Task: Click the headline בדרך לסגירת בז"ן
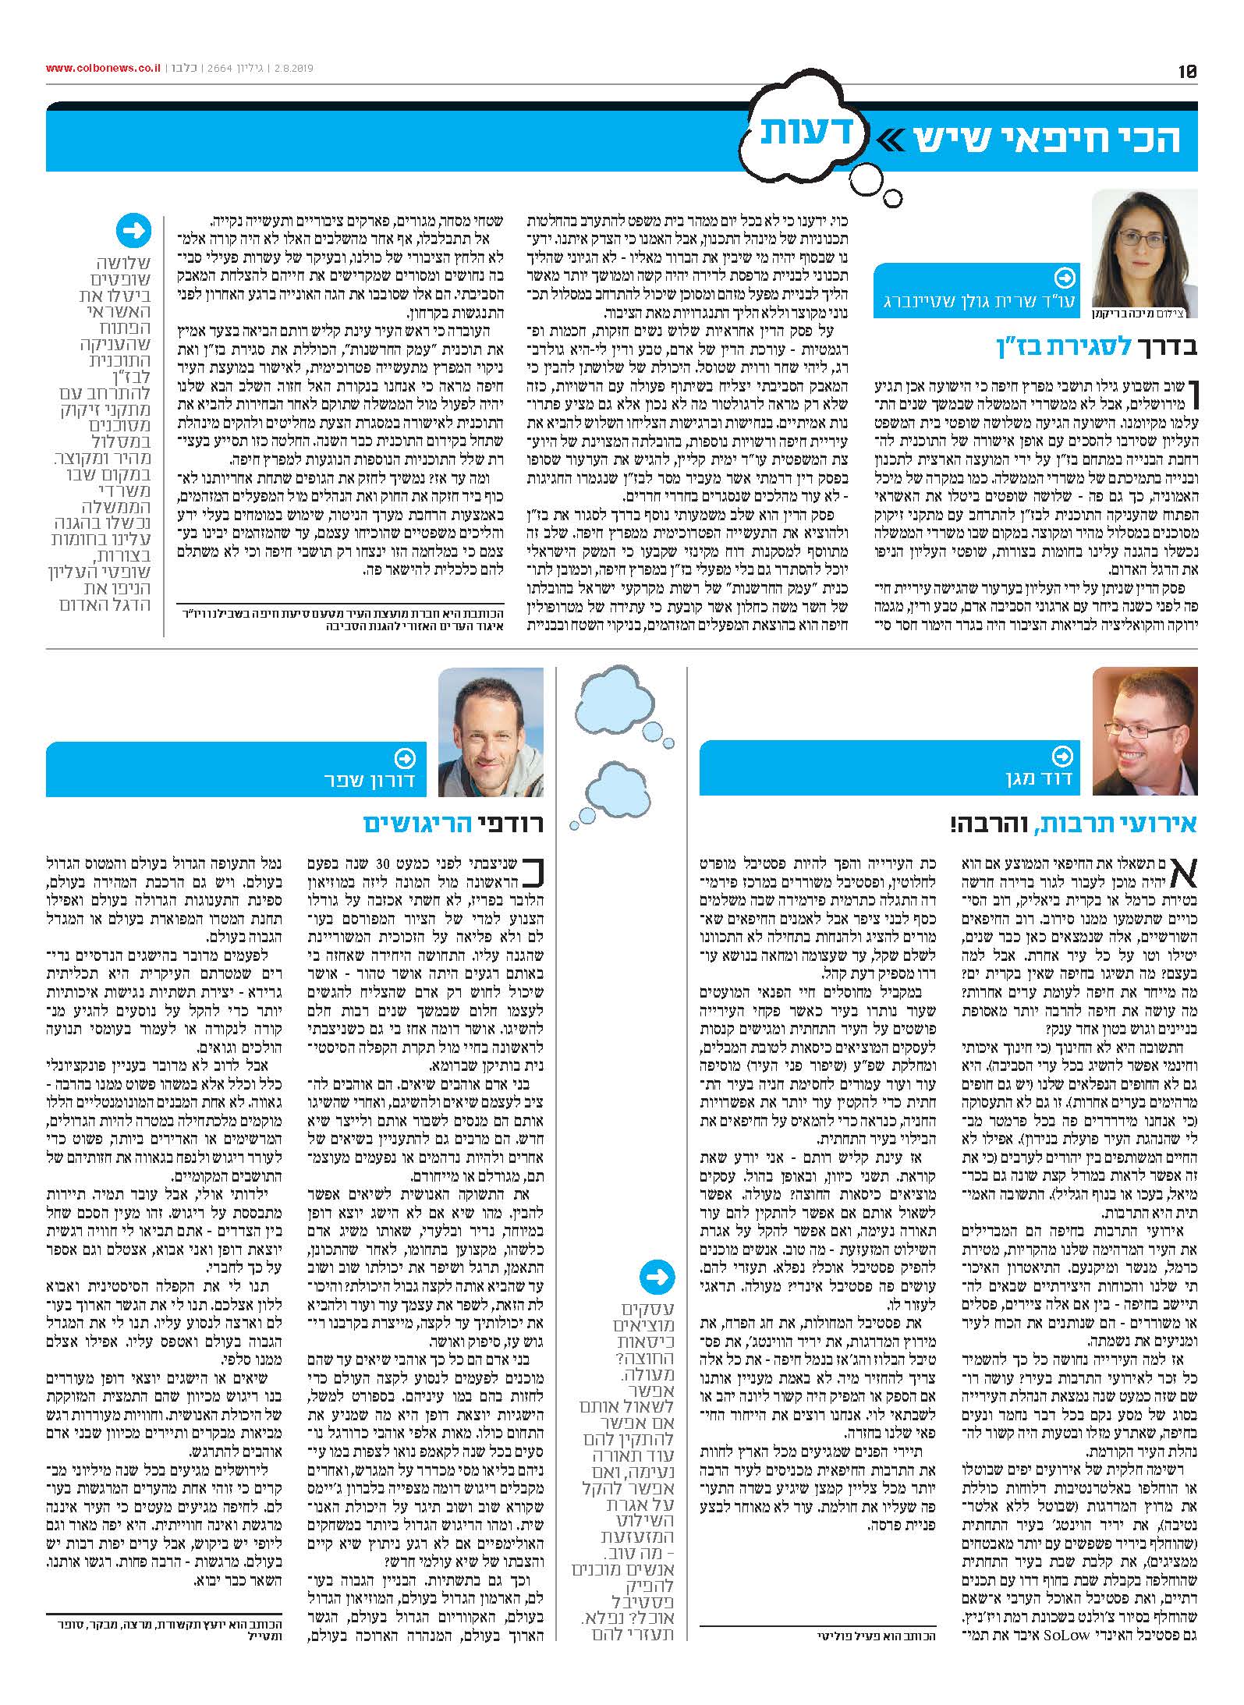(x=1095, y=346)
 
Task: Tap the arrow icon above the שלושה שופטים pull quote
(x=133, y=232)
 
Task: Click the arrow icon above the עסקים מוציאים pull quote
(x=657, y=1277)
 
